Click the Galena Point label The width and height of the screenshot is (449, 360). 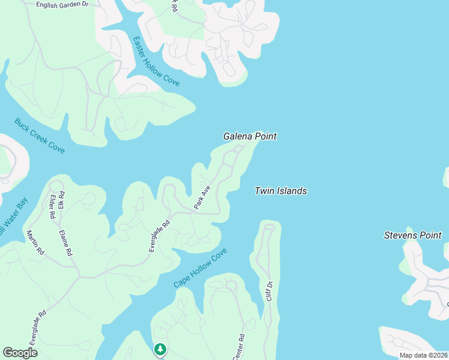click(x=250, y=136)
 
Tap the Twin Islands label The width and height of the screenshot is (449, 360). click(x=280, y=191)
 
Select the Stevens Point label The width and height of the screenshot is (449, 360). click(x=412, y=235)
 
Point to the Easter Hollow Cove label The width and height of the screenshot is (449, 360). click(x=156, y=62)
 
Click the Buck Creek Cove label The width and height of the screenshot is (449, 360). click(x=40, y=136)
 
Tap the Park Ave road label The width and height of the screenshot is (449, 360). click(x=202, y=197)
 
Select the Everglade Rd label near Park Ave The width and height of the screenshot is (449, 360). click(x=160, y=236)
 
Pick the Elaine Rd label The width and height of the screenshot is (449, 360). click(x=65, y=243)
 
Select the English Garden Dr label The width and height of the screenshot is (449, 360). click(x=62, y=4)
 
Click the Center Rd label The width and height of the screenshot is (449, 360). click(x=238, y=347)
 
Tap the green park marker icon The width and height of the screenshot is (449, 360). click(x=160, y=349)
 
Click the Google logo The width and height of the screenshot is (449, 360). click(x=20, y=353)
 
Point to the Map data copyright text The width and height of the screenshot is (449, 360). click(x=424, y=355)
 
